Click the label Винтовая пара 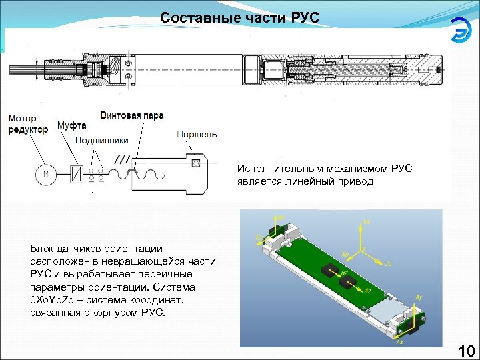tap(132, 115)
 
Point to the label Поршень tap(197, 134)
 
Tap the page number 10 tap(466, 351)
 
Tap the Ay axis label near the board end tap(418, 297)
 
